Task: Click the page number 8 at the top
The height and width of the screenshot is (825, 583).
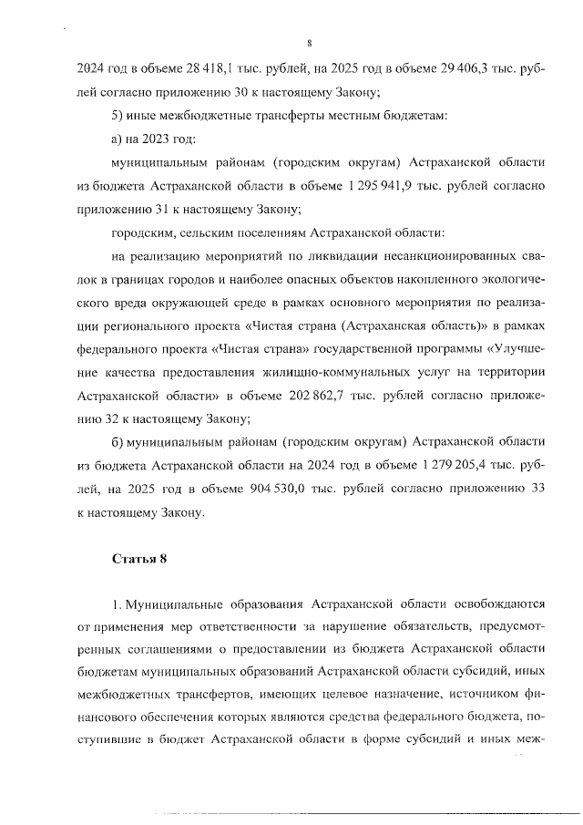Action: coord(310,42)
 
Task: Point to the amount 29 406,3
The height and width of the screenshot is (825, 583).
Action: coord(451,67)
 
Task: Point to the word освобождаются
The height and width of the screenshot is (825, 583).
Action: coord(494,604)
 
